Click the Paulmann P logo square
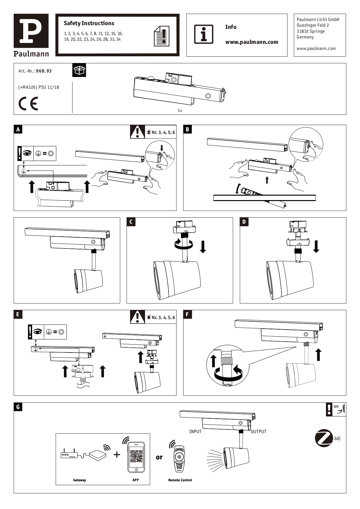pyautogui.click(x=31, y=31)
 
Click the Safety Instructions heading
pyautogui.click(x=89, y=23)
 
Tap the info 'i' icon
pyautogui.click(x=204, y=34)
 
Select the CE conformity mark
pyautogui.click(x=28, y=104)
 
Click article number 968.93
pyautogui.click(x=44, y=71)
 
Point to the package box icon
pyautogui.click(x=79, y=70)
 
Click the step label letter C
pyautogui.click(x=131, y=222)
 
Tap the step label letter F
pyautogui.click(x=187, y=314)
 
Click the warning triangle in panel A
pyautogui.click(x=137, y=132)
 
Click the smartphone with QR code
pyautogui.click(x=136, y=457)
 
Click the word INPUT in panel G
pyautogui.click(x=195, y=431)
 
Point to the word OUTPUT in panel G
pyautogui.click(x=258, y=431)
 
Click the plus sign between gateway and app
pyautogui.click(x=117, y=454)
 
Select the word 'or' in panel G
pyautogui.click(x=159, y=457)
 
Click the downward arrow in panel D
pyautogui.click(x=316, y=247)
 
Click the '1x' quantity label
pyautogui.click(x=180, y=110)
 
